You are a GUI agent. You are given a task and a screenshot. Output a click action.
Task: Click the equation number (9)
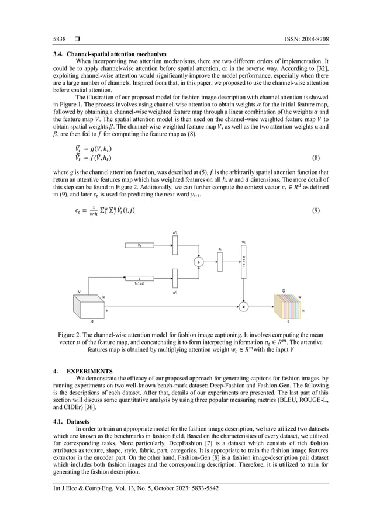pos(315,210)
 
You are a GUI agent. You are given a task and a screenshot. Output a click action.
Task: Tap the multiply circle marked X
pos(243,306)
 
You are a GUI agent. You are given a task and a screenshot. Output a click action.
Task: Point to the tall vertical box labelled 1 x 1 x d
pos(243,262)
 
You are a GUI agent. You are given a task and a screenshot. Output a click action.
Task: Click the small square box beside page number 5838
pos(77,39)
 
